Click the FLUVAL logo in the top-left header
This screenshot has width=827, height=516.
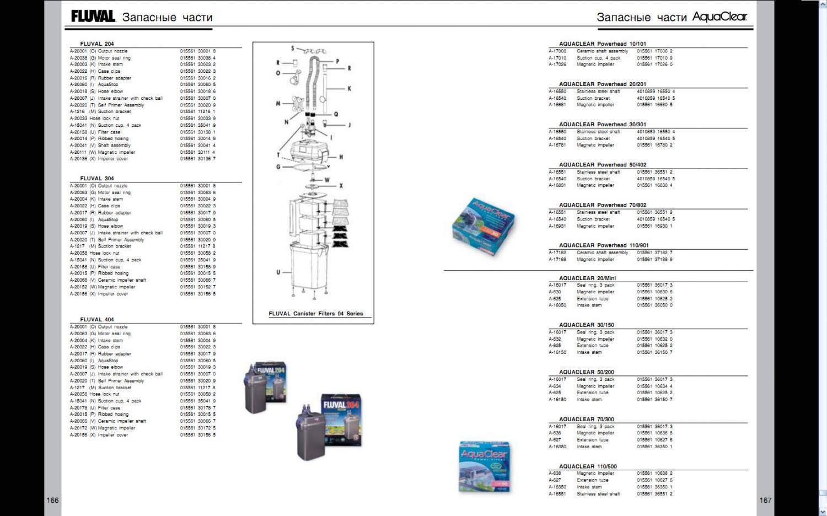pos(93,17)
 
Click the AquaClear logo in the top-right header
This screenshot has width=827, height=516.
pos(719,17)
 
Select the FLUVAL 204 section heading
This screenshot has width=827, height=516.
pos(97,44)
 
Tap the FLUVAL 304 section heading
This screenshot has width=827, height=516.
pos(97,179)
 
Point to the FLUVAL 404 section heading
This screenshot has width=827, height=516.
pos(97,320)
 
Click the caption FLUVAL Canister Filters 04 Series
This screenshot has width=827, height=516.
pos(315,314)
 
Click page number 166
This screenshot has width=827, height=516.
pos(52,500)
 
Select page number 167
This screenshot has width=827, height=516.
pos(765,500)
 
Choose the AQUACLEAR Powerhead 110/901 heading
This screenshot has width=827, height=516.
pos(604,245)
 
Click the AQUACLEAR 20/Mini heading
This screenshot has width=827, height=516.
pos(587,278)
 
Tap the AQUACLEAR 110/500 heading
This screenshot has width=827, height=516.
pos(588,466)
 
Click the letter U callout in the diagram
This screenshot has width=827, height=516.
pos(278,272)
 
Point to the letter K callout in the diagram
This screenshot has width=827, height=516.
pos(349,89)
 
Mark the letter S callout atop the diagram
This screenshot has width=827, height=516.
pos(293,49)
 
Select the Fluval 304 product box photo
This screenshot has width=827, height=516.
pos(330,427)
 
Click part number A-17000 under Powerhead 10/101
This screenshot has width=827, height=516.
pos(557,51)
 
